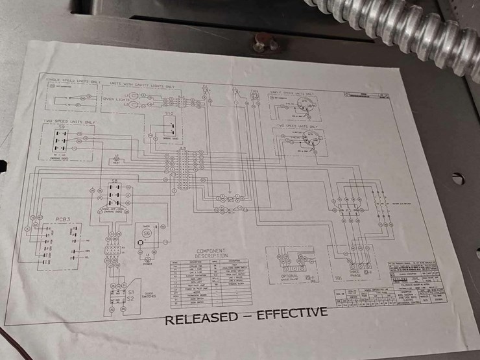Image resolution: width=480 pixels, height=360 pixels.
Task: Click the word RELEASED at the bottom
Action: coord(202,318)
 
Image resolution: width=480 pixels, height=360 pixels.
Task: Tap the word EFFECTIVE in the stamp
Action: coord(291,313)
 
